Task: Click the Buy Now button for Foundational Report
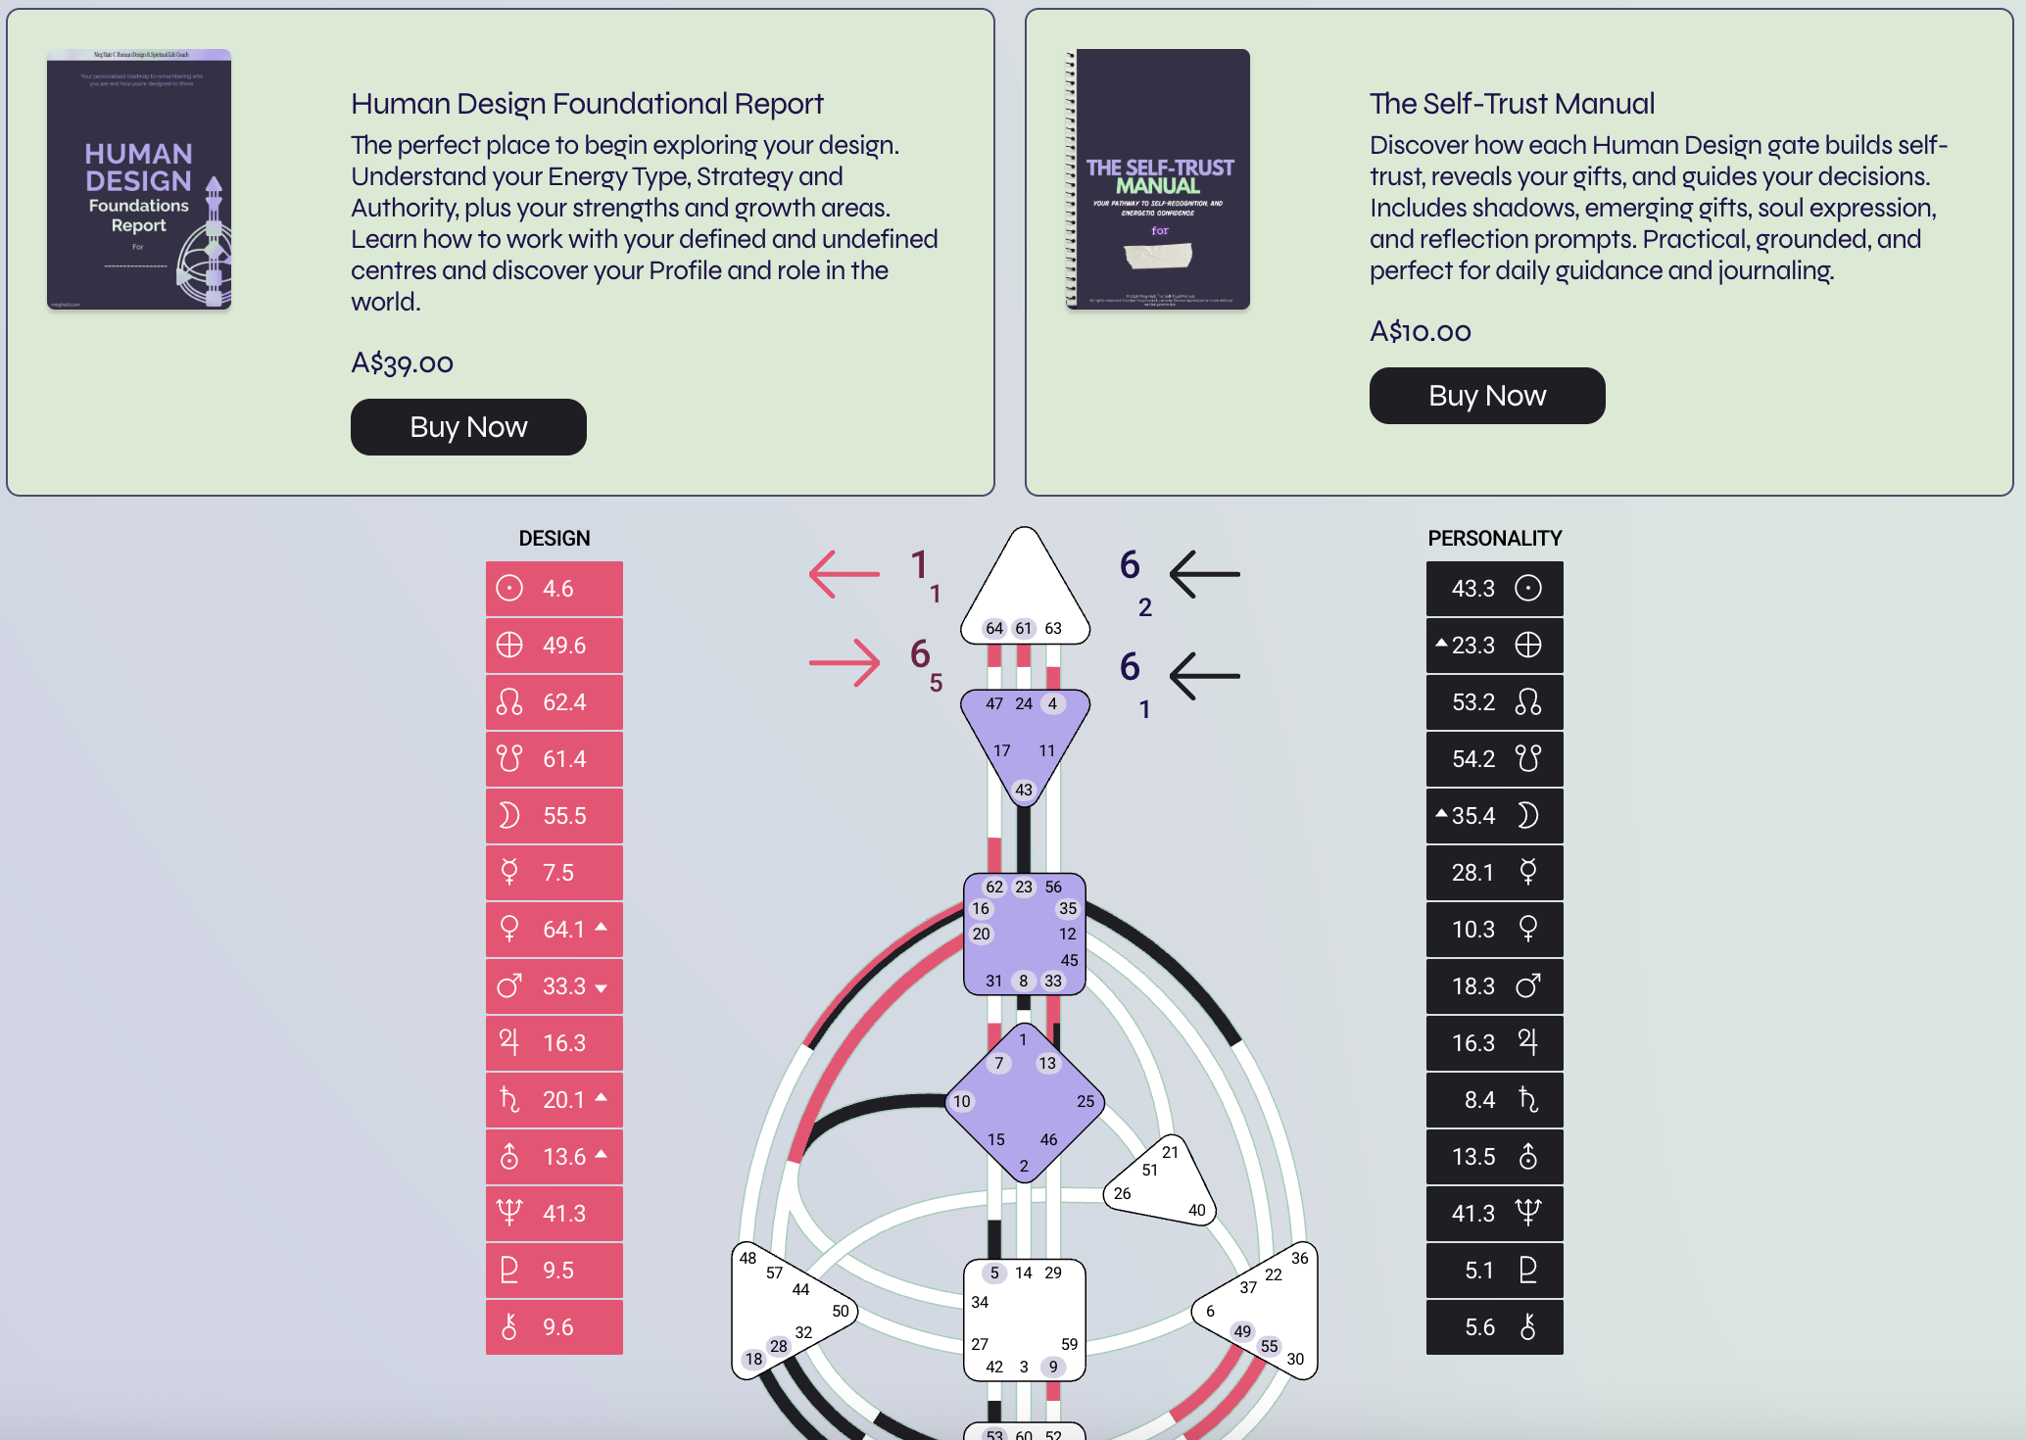(468, 427)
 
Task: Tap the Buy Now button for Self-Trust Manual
(1486, 396)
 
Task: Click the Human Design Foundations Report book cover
(139, 179)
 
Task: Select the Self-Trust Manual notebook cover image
(1158, 179)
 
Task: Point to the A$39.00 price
(402, 363)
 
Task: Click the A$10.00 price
(1420, 332)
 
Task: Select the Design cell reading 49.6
(555, 646)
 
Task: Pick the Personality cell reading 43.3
(1494, 589)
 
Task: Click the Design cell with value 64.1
(555, 930)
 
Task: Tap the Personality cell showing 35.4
(1494, 816)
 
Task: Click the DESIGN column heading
(555, 539)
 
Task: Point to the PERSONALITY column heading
(1494, 539)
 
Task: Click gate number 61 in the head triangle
(1024, 629)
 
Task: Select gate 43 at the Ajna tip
(1024, 790)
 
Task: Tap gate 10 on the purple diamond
(962, 1102)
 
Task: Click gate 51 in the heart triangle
(1150, 1170)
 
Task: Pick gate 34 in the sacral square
(980, 1303)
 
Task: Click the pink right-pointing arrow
(844, 663)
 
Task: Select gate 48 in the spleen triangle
(748, 1259)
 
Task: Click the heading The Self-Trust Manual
(1512, 104)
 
